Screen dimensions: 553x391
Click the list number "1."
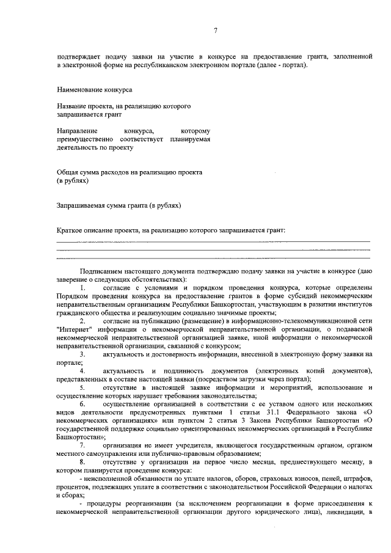(x=83, y=287)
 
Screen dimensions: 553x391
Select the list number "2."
(x=83, y=321)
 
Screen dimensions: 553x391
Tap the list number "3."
(x=83, y=354)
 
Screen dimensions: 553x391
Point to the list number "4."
(x=83, y=371)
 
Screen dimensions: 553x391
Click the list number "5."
(x=83, y=387)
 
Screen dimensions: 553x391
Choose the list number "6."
(x=83, y=404)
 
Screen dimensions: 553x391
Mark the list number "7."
(x=83, y=445)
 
